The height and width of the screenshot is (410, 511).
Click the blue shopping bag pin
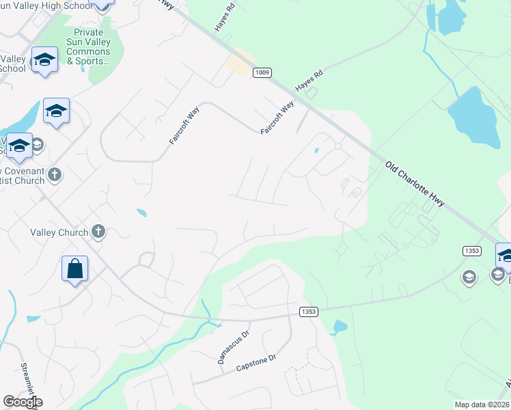(x=74, y=269)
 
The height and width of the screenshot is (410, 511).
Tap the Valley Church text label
(x=59, y=232)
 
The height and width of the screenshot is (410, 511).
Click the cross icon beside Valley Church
(x=98, y=232)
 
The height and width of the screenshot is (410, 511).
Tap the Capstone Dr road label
(x=255, y=362)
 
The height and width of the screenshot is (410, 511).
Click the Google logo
(x=23, y=402)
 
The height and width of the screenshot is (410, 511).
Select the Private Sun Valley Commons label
(x=88, y=46)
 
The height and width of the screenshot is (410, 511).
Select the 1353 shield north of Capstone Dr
(x=308, y=312)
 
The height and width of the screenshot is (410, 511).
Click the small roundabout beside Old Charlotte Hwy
(x=337, y=146)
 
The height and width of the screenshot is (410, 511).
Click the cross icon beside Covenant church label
(x=55, y=175)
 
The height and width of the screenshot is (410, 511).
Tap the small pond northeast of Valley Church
(x=141, y=213)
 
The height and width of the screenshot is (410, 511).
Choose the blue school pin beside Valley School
(x=44, y=59)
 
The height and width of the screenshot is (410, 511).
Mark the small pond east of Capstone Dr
(x=339, y=327)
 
